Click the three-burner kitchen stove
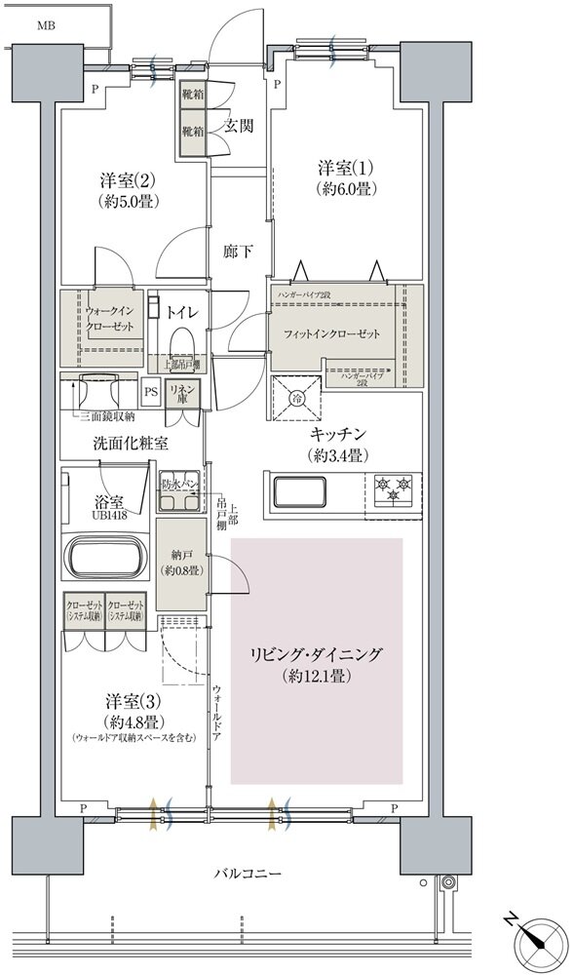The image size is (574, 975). pos(394,488)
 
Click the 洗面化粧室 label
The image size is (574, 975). pos(131,443)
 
